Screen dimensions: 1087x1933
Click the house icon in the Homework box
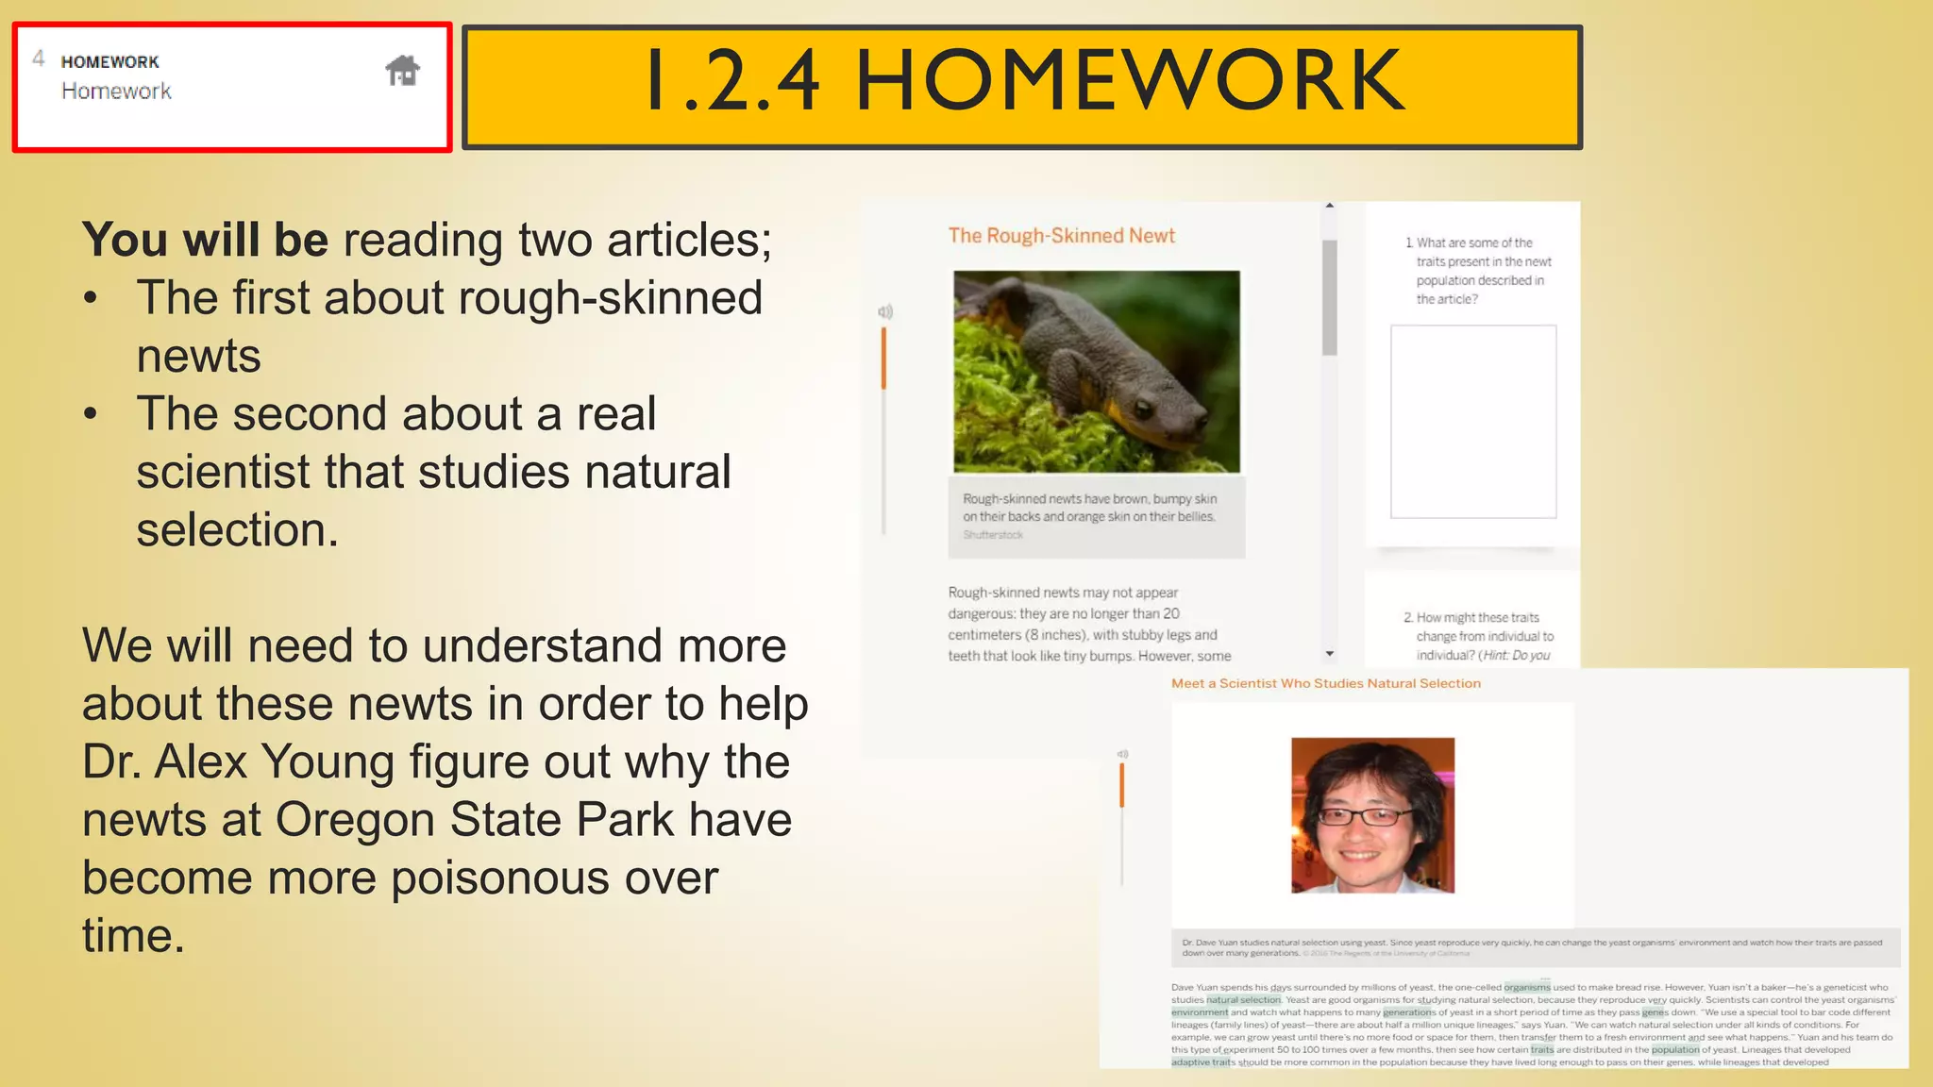403,71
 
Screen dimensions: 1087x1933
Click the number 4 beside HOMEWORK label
39,59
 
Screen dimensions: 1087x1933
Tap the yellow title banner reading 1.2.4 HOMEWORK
1022,86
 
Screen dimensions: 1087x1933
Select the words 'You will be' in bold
205,240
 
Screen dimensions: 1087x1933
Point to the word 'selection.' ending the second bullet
237,530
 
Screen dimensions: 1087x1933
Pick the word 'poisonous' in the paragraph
553,878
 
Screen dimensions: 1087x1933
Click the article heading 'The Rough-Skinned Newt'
1061,236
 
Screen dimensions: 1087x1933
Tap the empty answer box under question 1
1472,422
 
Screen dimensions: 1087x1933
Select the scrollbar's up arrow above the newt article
1330,206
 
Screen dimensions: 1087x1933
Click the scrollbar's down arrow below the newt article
1330,653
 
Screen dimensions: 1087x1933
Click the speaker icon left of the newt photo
885,311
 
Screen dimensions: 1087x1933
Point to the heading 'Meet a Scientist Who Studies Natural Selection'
1325,683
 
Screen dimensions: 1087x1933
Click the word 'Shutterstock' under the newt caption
993,535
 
